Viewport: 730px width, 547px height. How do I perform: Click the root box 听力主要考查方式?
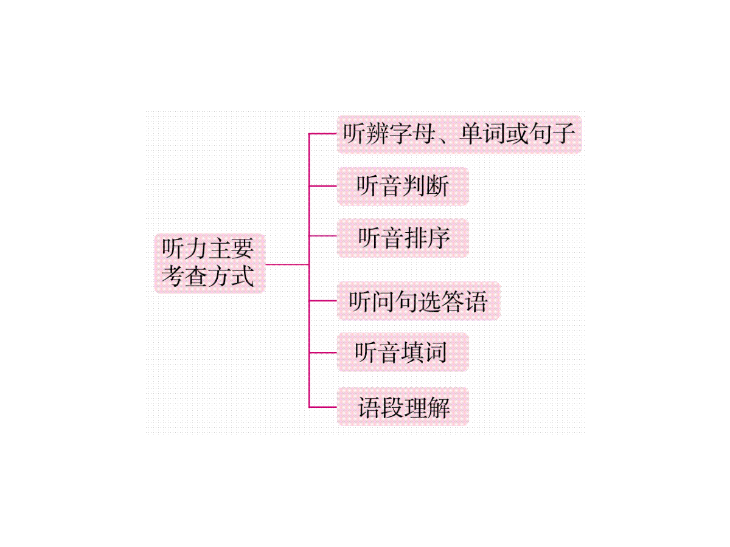[209, 263]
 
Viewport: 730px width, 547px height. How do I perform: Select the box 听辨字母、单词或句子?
[459, 134]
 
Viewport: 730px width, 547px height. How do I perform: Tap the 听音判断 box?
[403, 186]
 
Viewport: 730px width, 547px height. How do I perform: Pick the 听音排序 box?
[403, 238]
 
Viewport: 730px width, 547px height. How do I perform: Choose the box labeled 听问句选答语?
[418, 301]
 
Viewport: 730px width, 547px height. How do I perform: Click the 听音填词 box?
[403, 353]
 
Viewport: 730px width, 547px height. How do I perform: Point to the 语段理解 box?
[403, 407]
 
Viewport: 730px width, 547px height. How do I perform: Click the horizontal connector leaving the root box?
[287, 264]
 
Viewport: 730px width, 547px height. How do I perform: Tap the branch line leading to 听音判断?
[323, 186]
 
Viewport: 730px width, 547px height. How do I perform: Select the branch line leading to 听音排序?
[323, 236]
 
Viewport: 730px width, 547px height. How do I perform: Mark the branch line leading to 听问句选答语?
[323, 301]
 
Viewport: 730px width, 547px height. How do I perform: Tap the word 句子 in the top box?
[552, 134]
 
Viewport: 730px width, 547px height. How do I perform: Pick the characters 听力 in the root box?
[184, 249]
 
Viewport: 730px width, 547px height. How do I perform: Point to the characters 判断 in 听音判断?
[426, 186]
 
